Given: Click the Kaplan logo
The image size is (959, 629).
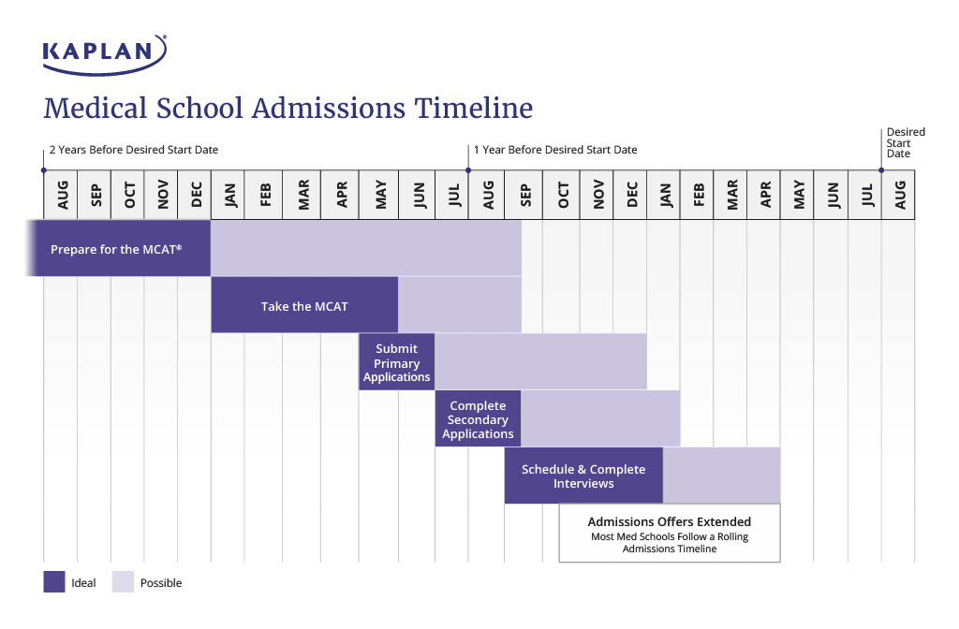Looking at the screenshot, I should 105,52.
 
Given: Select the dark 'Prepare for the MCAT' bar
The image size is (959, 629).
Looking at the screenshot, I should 117,249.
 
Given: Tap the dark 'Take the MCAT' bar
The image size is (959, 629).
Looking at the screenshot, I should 304,305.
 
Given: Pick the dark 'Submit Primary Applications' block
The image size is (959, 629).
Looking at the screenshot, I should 396,362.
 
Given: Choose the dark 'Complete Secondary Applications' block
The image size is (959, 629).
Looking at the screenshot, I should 478,419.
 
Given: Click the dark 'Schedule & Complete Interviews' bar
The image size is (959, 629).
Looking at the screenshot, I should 583,476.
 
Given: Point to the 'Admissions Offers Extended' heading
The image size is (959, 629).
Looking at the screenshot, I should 669,521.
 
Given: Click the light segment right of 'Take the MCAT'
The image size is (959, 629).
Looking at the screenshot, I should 459,305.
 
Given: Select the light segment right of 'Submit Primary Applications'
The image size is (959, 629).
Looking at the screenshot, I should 540,362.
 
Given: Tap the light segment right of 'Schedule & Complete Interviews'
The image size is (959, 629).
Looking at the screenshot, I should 721,476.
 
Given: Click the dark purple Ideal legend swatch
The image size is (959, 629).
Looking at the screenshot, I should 54,582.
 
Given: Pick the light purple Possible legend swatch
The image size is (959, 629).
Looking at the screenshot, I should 123,582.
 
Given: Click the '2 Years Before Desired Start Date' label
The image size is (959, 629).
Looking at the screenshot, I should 134,150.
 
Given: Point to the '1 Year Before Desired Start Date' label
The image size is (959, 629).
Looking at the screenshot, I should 555,150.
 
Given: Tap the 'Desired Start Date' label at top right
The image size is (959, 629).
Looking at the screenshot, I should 905,142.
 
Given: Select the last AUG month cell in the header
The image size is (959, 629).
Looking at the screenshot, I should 898,195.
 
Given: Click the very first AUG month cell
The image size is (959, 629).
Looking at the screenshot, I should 61,195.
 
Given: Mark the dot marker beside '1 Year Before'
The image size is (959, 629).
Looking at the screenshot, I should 468,170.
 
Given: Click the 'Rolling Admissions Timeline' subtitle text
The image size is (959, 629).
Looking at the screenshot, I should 669,543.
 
